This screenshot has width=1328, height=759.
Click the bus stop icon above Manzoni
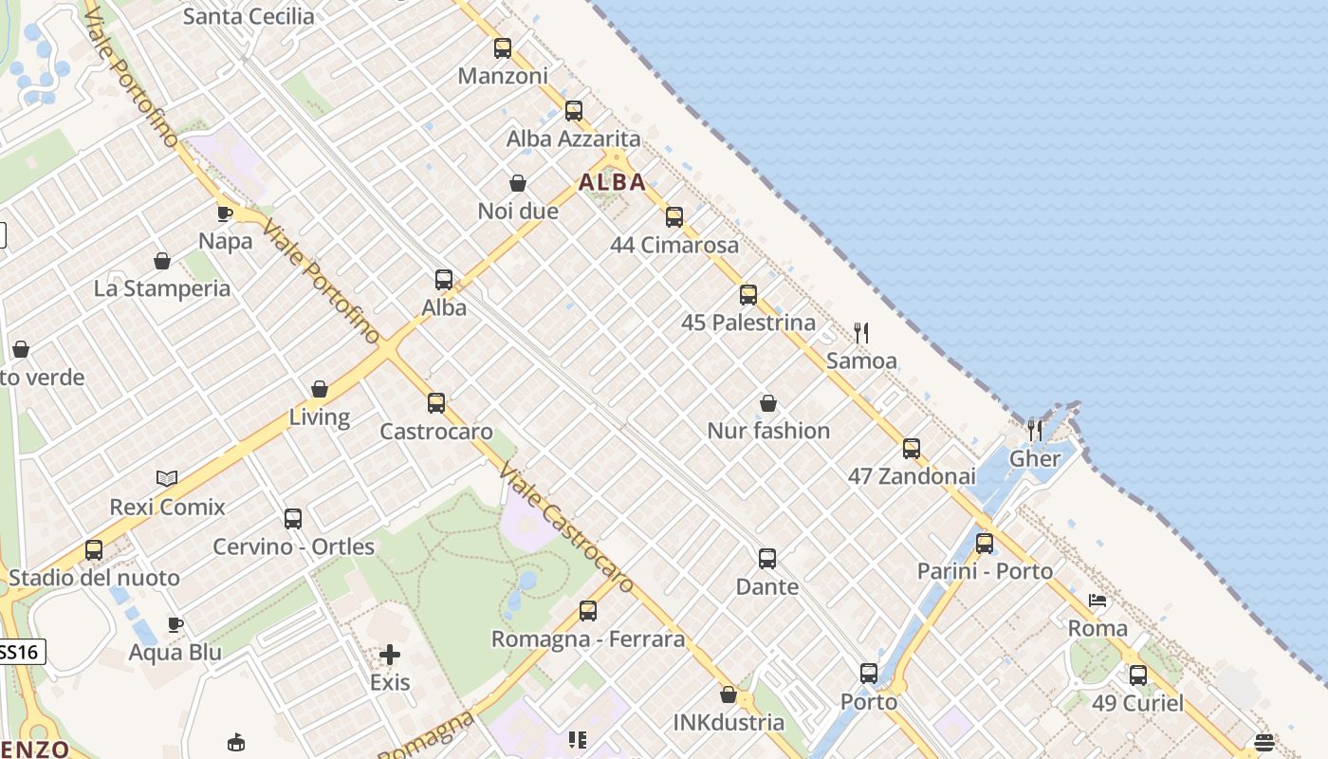point(503,47)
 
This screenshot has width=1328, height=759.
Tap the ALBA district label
point(613,182)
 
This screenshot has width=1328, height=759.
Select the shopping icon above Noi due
point(518,183)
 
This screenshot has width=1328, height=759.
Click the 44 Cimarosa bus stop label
point(674,245)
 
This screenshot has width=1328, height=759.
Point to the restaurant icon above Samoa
point(861,332)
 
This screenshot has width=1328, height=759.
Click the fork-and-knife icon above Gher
point(1035,431)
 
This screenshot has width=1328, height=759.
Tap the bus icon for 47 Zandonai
point(912,448)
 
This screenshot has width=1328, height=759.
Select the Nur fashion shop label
point(768,431)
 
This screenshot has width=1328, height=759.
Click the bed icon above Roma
point(1097,601)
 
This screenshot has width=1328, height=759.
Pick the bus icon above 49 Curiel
point(1138,676)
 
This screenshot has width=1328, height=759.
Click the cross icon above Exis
point(390,654)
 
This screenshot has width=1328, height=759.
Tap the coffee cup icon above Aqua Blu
point(175,624)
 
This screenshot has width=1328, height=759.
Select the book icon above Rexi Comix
point(167,478)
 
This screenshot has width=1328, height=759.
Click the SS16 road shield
point(19,652)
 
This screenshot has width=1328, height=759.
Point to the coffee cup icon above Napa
point(225,213)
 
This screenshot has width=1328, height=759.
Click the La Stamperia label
point(162,288)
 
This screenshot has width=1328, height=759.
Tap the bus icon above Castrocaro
point(436,403)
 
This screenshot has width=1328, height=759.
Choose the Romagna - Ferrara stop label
point(588,639)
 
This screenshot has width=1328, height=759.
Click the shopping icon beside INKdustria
point(729,694)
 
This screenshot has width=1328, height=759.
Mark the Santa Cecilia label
point(249,16)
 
